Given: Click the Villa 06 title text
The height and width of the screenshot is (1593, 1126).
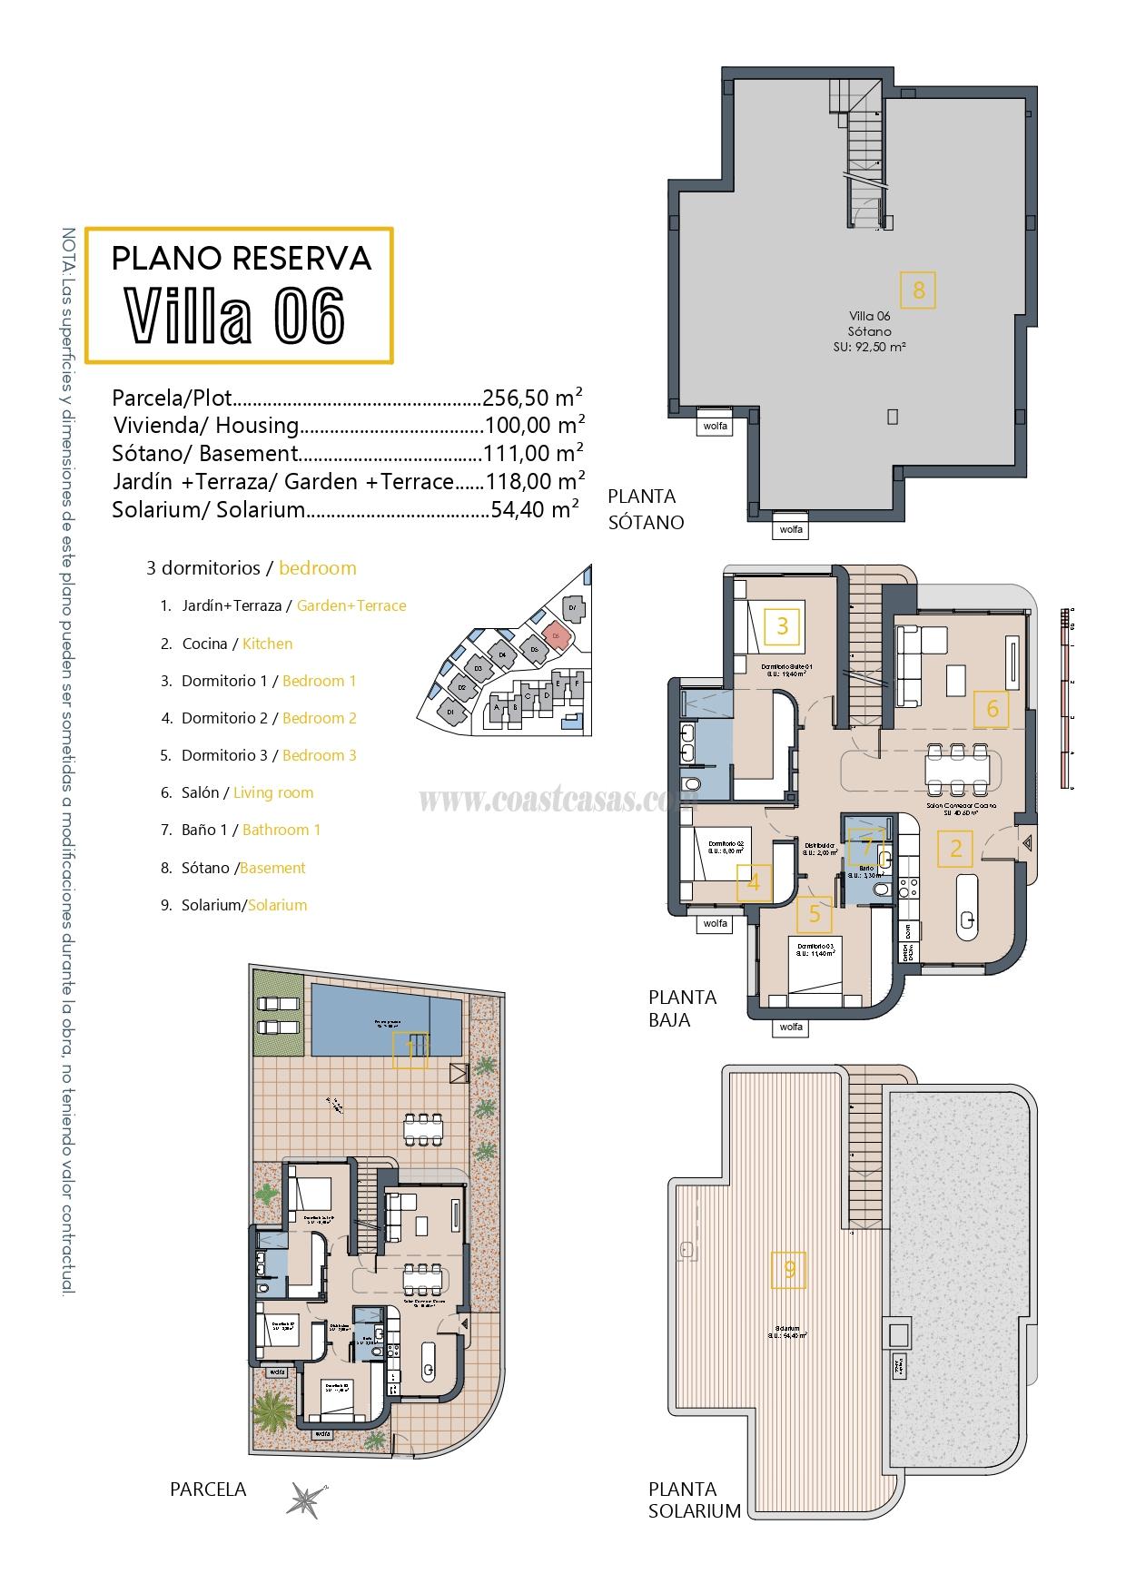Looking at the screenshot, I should (x=235, y=315).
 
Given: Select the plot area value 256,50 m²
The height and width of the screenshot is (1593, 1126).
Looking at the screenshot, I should (x=532, y=398).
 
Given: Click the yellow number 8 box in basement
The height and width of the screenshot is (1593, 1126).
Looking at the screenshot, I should (x=918, y=290).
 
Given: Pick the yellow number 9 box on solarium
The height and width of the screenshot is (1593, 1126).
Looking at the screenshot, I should (x=789, y=1270).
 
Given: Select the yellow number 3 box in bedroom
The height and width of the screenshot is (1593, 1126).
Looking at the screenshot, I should (x=782, y=625).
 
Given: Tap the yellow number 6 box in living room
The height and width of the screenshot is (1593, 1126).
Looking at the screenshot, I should (x=992, y=709).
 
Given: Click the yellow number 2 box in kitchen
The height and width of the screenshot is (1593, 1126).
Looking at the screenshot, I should (x=955, y=849).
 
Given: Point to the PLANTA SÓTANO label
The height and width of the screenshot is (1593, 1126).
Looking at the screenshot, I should (x=644, y=509).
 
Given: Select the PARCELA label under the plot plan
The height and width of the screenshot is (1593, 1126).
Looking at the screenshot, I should (x=208, y=1489).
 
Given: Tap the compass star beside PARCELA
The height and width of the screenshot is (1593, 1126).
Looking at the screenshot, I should (x=304, y=1499).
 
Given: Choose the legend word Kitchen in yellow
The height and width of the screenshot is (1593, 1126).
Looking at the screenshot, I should (x=268, y=644).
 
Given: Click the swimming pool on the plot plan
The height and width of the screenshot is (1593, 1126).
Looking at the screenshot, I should (x=386, y=1018).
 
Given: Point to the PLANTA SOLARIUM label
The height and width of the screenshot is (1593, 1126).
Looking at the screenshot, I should (x=695, y=1500).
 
